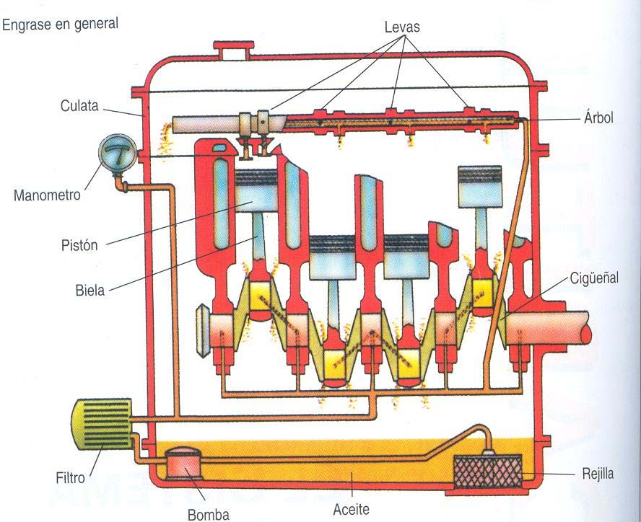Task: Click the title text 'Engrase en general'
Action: pos(61,25)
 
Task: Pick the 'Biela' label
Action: pos(90,291)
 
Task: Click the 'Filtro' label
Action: pos(70,477)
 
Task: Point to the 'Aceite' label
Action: pos(352,509)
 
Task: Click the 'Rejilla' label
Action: pos(598,474)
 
